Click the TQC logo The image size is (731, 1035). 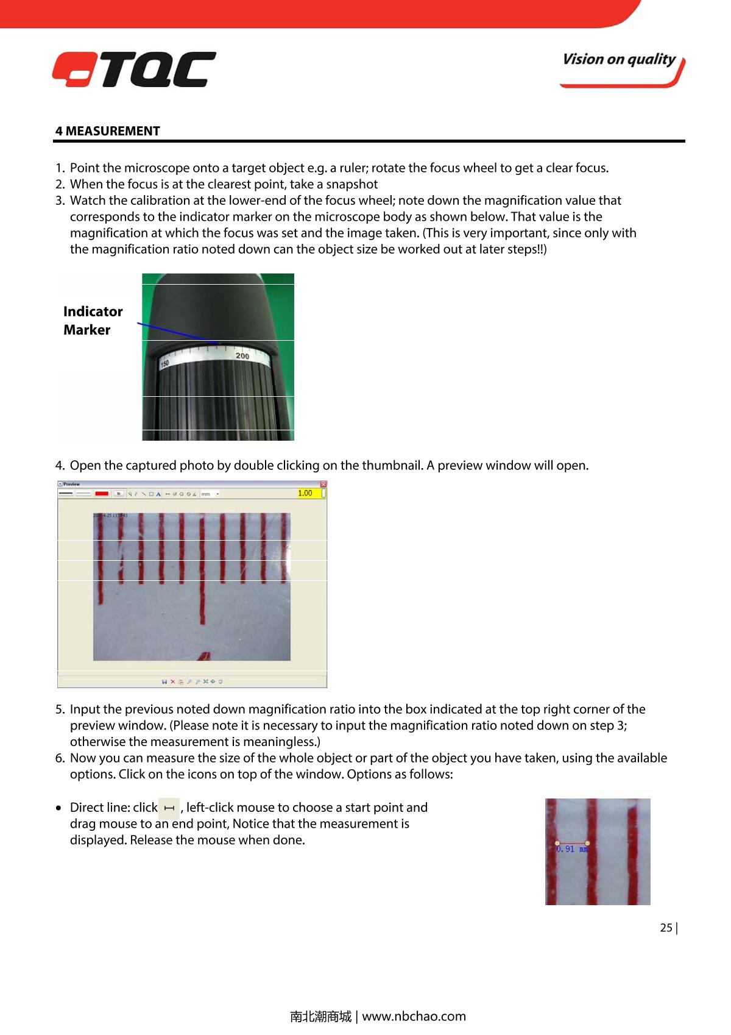coord(134,69)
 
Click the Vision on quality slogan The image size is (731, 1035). coord(619,60)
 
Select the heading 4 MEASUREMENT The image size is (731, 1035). coord(107,131)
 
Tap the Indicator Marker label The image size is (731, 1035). coord(93,321)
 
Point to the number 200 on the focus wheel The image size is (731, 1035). coord(242,356)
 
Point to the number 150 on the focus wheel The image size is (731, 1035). coord(164,364)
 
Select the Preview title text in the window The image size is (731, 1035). coord(72,485)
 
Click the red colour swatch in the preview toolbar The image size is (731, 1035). coord(102,494)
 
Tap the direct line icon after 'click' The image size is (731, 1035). coord(169,808)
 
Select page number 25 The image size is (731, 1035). coord(666,928)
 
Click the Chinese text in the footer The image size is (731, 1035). coord(320,1016)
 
